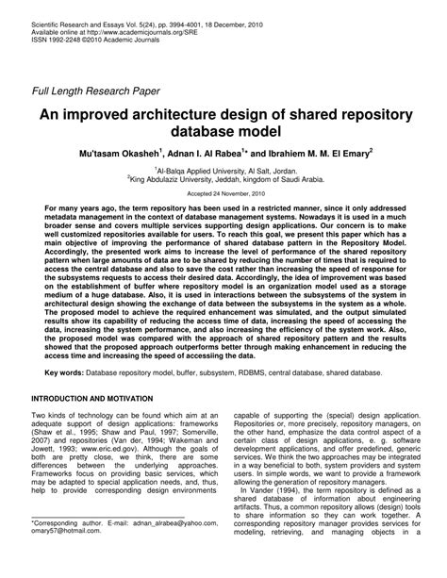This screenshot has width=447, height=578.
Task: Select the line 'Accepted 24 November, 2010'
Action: click(223, 204)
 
